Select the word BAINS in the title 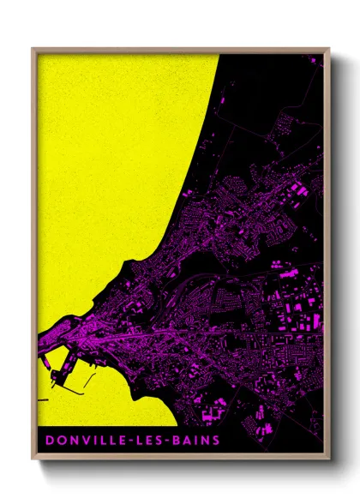(x=193, y=440)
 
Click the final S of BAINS (x=214, y=440)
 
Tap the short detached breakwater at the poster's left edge (x=42, y=399)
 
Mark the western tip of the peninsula (x=40, y=339)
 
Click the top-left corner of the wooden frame (x=33, y=49)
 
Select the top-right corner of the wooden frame (x=329, y=49)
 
